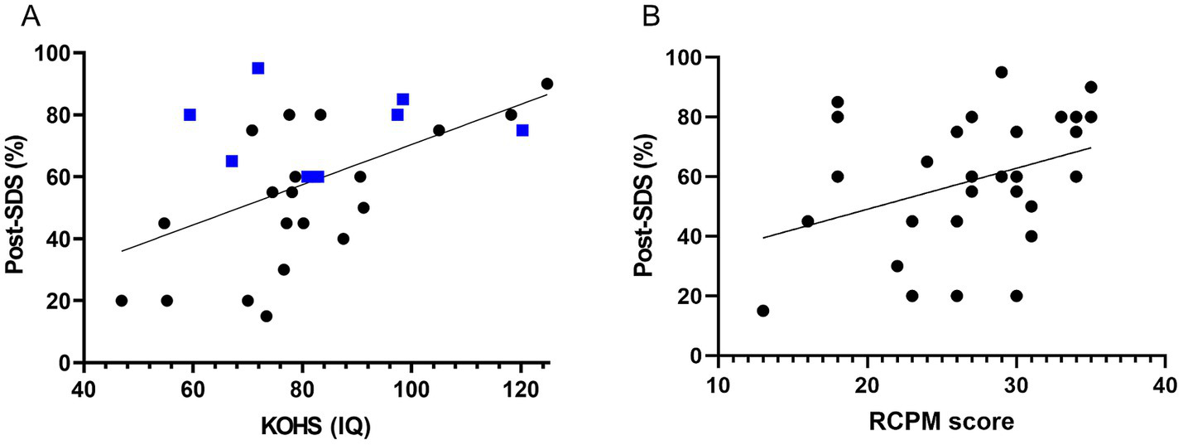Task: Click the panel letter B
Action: tap(653, 17)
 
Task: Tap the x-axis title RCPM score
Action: tap(941, 421)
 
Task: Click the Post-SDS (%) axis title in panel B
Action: tap(648, 207)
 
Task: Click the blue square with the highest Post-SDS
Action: tap(258, 68)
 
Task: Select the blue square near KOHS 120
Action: tap(522, 130)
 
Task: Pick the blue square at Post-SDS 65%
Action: tap(232, 161)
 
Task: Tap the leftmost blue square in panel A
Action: tap(190, 114)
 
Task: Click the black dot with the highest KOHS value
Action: tap(547, 84)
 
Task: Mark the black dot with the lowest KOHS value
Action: tap(122, 301)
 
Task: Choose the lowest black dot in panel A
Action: tap(267, 316)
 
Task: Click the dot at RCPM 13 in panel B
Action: tap(762, 311)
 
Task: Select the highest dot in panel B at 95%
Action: tap(1001, 72)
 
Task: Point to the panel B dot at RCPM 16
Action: tap(807, 221)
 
